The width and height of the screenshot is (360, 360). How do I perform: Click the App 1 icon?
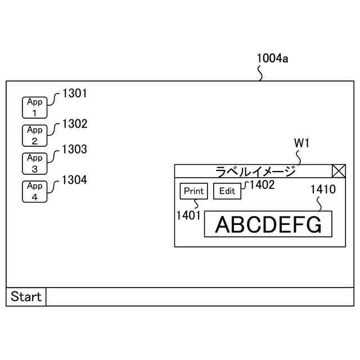pyautogui.click(x=35, y=107)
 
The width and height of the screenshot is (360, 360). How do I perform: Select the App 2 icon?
pyautogui.click(x=35, y=136)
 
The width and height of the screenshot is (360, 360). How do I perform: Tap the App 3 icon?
pyautogui.click(x=35, y=163)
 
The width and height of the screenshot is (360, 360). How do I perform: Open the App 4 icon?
pyautogui.click(x=35, y=191)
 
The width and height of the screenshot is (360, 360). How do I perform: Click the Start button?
pyautogui.click(x=26, y=296)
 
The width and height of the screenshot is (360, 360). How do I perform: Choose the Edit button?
pyautogui.click(x=227, y=191)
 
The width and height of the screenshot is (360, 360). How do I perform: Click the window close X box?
pyautogui.click(x=339, y=172)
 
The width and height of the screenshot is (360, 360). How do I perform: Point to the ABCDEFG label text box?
pyautogui.click(x=268, y=224)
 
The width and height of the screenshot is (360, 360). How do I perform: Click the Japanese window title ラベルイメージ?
pyautogui.click(x=256, y=172)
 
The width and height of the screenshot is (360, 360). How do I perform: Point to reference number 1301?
pyautogui.click(x=75, y=93)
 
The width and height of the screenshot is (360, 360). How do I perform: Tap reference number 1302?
pyautogui.click(x=75, y=124)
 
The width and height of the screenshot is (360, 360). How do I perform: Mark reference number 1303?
pyautogui.click(x=75, y=150)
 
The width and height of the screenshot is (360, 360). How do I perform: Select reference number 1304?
pyautogui.click(x=75, y=180)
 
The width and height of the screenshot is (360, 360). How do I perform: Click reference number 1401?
pyautogui.click(x=188, y=215)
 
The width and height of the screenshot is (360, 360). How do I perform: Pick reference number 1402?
pyautogui.click(x=262, y=185)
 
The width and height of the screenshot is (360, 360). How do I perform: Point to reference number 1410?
pyautogui.click(x=323, y=189)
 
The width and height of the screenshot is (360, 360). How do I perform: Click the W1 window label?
pyautogui.click(x=302, y=144)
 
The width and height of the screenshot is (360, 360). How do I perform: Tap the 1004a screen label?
pyautogui.click(x=272, y=58)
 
